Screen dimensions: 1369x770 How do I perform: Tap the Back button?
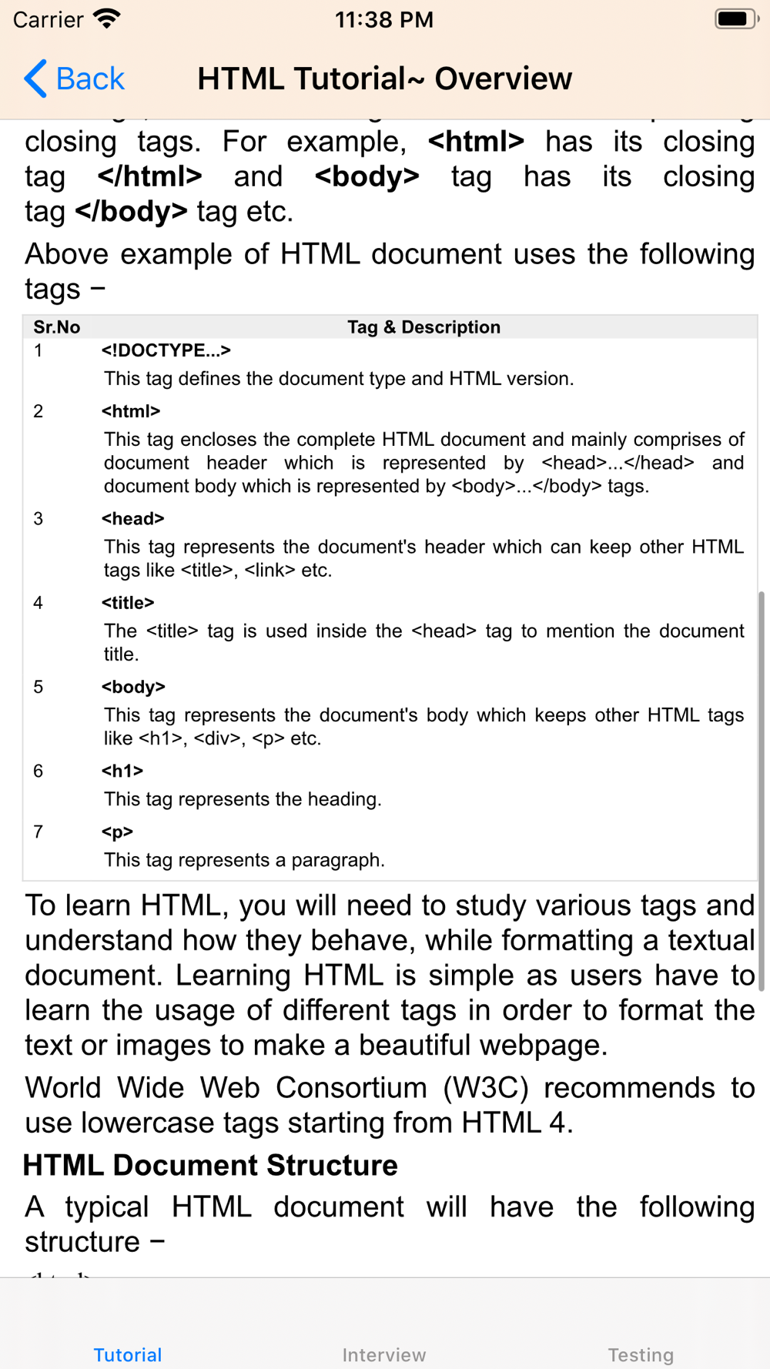point(75,79)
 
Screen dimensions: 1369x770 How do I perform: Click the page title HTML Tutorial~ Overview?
point(384,79)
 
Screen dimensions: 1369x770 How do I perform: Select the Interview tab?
point(384,1354)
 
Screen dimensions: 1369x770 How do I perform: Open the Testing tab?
point(641,1354)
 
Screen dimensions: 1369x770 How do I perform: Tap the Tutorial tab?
point(128,1354)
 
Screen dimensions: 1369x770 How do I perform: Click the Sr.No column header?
point(57,327)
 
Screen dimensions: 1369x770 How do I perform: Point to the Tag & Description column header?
point(423,327)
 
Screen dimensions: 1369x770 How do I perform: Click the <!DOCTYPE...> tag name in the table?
point(166,350)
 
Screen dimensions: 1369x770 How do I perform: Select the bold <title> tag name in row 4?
point(128,603)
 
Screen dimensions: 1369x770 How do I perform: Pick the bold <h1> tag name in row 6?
point(122,771)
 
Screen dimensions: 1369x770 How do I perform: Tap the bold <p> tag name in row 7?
point(118,832)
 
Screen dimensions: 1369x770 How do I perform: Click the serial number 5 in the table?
point(38,687)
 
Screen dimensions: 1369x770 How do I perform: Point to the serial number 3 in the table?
point(38,519)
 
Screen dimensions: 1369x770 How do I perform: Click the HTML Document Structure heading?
point(210,1166)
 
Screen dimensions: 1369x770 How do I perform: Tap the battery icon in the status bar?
point(735,19)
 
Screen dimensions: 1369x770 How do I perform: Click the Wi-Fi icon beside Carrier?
point(107,18)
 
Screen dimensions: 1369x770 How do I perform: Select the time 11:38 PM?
point(384,20)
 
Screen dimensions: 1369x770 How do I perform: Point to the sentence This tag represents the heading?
point(243,799)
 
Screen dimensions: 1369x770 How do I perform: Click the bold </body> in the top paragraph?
point(131,212)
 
